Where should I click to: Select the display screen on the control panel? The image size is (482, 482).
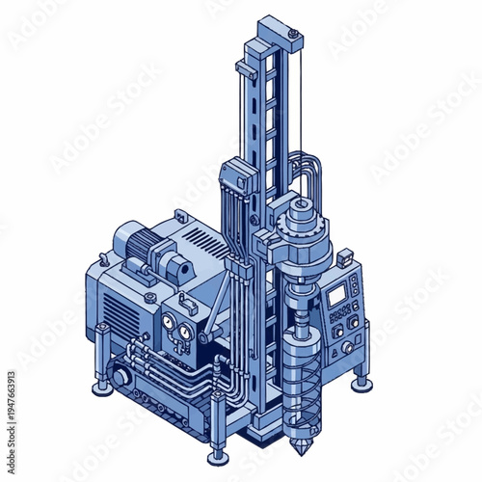click(x=336, y=296)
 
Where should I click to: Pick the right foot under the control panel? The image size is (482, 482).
click(x=361, y=383)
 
